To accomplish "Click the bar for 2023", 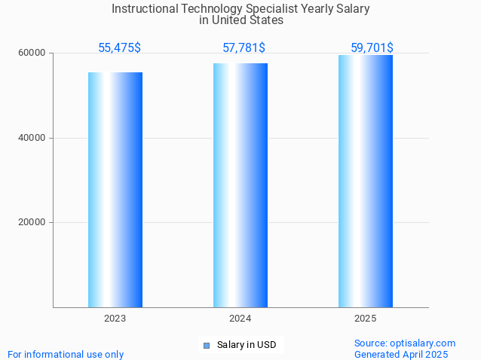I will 115,189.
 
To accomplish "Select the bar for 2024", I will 240,185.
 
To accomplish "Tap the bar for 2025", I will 366,181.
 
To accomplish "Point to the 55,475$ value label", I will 119,47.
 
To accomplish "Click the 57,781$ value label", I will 244,47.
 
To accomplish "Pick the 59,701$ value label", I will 372,47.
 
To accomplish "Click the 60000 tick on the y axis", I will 32,53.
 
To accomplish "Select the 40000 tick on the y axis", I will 32,138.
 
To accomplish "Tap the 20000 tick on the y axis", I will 32,222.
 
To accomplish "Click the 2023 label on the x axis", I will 115,319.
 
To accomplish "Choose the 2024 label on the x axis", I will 240,319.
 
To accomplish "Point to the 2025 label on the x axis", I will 366,319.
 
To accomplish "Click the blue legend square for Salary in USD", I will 207,345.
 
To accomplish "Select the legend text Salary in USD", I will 247,345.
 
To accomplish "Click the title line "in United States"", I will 241,21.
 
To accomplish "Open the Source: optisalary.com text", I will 405,343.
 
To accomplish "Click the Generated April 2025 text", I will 401,354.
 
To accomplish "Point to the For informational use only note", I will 66,354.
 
